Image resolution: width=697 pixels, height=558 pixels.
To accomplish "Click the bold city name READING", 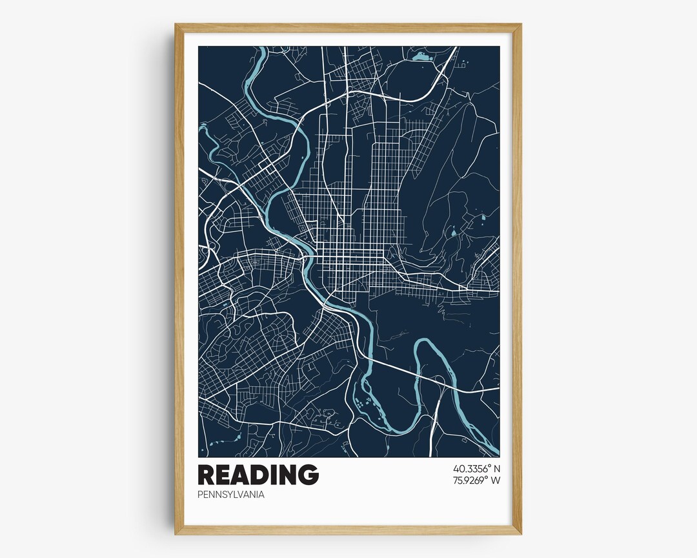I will point(258,475).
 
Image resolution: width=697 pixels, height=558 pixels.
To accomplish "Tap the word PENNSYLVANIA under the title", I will point(231,495).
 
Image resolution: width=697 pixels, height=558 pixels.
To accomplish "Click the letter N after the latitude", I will point(497,468).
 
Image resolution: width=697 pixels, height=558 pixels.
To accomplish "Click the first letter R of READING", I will point(207,475).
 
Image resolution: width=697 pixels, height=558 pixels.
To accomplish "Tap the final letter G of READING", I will point(308,475).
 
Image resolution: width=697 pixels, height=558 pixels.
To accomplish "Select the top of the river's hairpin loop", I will point(426,342).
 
